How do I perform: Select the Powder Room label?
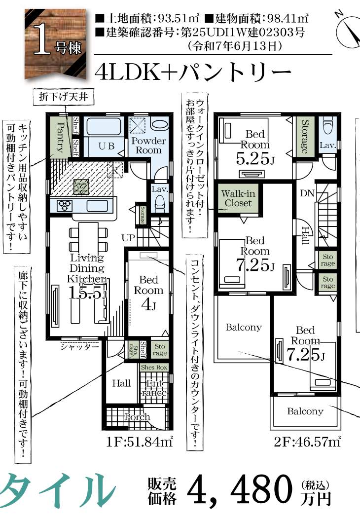click(x=148, y=145)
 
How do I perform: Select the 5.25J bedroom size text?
click(x=254, y=158)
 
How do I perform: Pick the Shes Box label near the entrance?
click(x=154, y=368)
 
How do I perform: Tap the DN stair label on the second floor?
click(x=306, y=192)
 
